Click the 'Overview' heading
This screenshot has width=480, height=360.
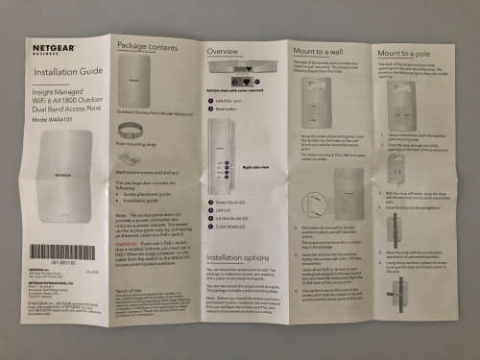tap(223, 50)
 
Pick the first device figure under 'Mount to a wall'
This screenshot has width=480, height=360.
tap(316, 97)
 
